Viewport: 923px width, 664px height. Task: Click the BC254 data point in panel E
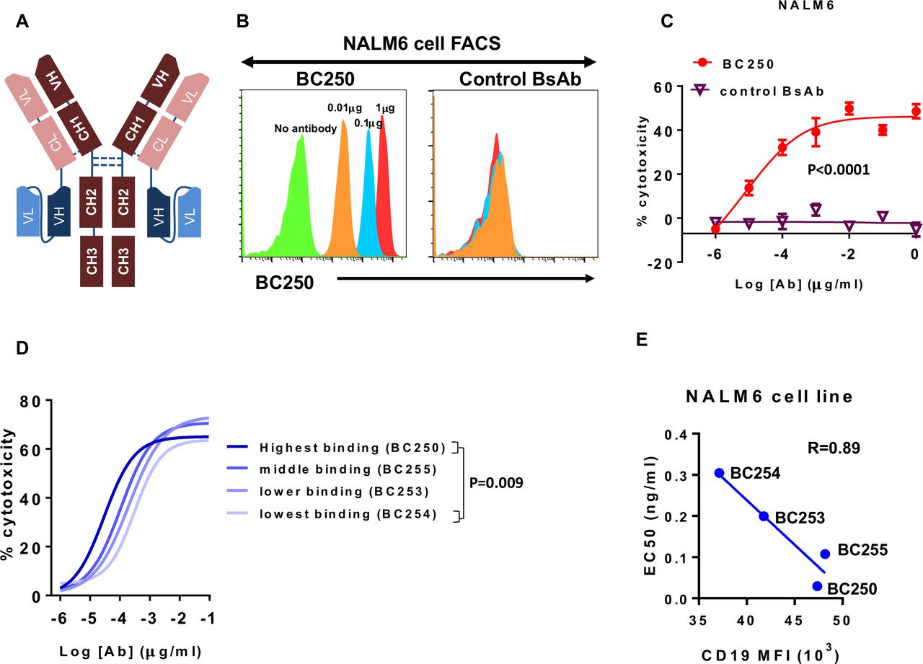tap(719, 473)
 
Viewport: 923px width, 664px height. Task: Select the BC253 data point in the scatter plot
tap(764, 516)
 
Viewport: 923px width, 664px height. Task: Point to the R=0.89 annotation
tap(834, 448)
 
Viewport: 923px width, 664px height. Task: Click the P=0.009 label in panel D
tap(496, 481)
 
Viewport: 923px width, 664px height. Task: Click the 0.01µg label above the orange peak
tap(345, 108)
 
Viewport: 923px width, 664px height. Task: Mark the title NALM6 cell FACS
tap(420, 43)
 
